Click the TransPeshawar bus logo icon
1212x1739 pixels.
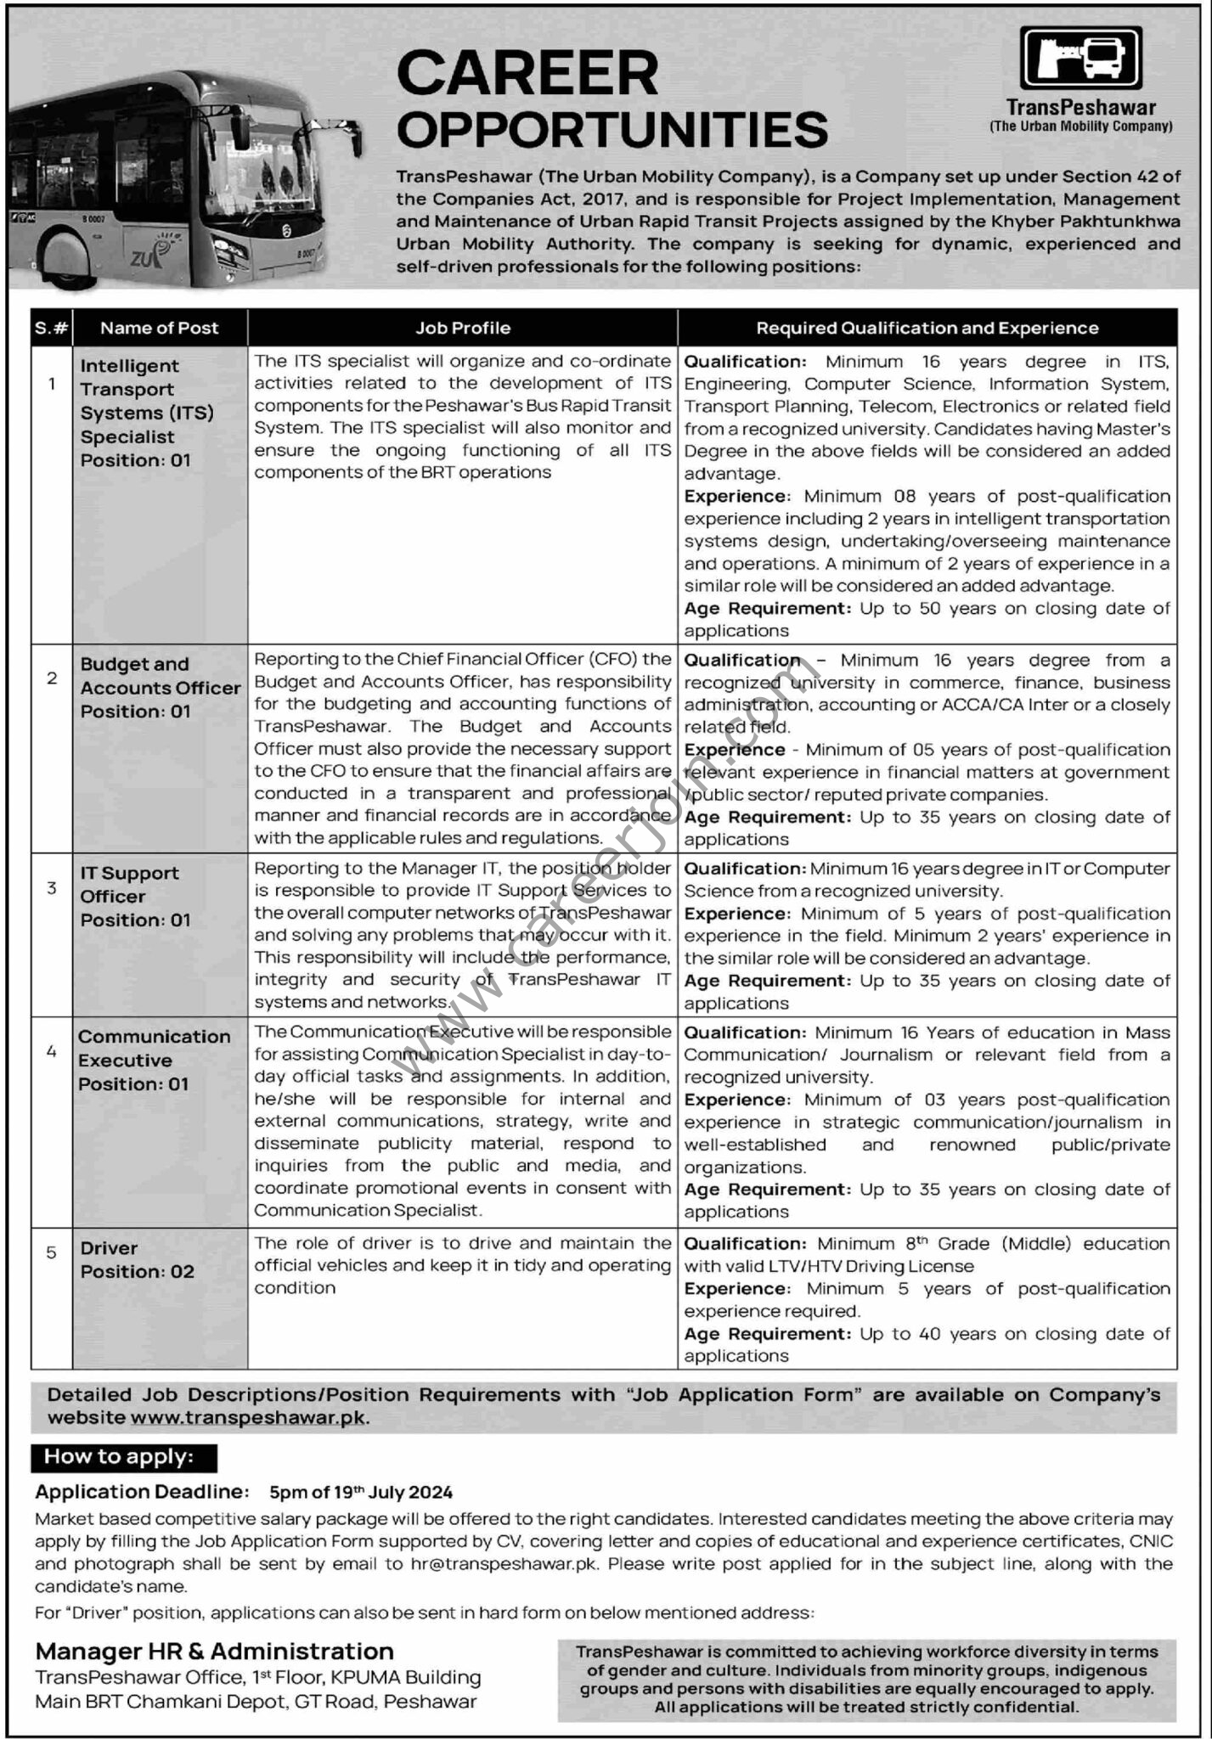point(1081,57)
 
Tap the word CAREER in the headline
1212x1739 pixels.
point(527,74)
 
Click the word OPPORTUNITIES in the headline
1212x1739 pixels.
point(612,130)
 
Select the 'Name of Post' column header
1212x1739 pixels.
point(159,328)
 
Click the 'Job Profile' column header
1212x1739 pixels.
point(463,328)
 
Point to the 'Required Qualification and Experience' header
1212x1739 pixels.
point(927,328)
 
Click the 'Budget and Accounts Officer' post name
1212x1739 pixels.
point(161,676)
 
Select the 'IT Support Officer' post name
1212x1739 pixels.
point(129,885)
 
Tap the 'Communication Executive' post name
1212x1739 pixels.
point(154,1048)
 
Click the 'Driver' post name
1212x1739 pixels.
point(109,1248)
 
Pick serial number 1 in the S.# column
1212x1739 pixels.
point(52,384)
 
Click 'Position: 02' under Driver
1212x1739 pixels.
point(137,1272)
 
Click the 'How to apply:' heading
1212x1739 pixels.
point(119,1457)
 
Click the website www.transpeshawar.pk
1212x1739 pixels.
point(251,1418)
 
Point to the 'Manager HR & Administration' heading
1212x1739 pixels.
point(214,1651)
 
